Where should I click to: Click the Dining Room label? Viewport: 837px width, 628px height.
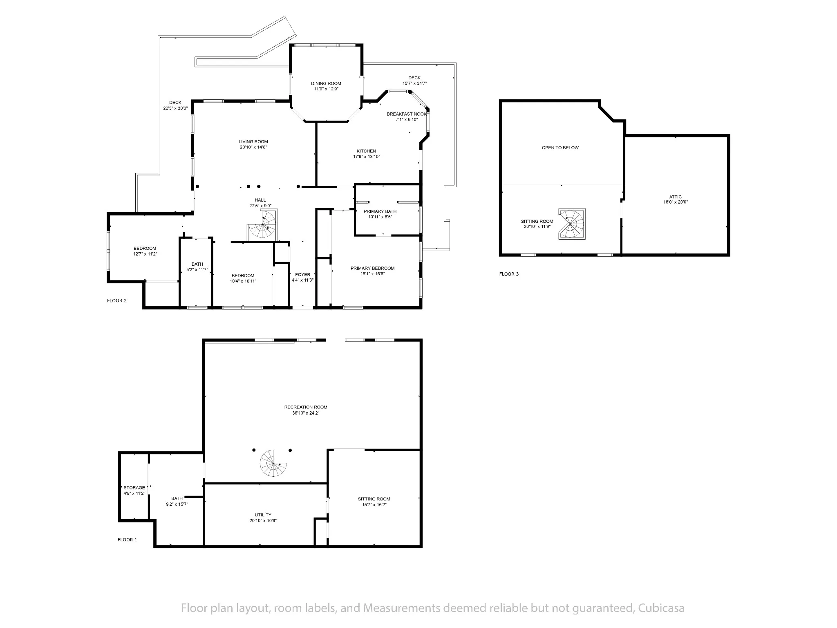(x=326, y=83)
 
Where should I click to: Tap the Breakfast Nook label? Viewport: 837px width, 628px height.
(x=407, y=114)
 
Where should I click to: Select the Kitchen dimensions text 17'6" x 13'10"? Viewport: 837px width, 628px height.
(x=367, y=157)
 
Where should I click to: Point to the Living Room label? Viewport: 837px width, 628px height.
(x=253, y=142)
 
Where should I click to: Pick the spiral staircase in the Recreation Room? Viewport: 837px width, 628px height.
(x=273, y=463)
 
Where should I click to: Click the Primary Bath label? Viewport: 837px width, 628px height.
(x=380, y=211)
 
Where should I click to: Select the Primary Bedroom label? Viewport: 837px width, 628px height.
(x=372, y=268)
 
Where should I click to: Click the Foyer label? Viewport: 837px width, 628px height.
(x=302, y=274)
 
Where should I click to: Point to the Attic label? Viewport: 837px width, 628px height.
(x=676, y=197)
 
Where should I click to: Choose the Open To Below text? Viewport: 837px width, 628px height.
(x=560, y=148)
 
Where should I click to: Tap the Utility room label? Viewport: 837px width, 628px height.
(x=263, y=515)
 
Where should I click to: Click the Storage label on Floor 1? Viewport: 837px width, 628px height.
(x=134, y=487)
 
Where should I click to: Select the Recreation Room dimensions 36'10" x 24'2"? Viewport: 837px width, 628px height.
(x=306, y=413)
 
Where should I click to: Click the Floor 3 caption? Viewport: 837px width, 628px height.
(x=509, y=274)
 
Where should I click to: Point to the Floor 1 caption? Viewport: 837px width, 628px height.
(x=128, y=540)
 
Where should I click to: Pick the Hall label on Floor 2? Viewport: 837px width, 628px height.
(x=260, y=200)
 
